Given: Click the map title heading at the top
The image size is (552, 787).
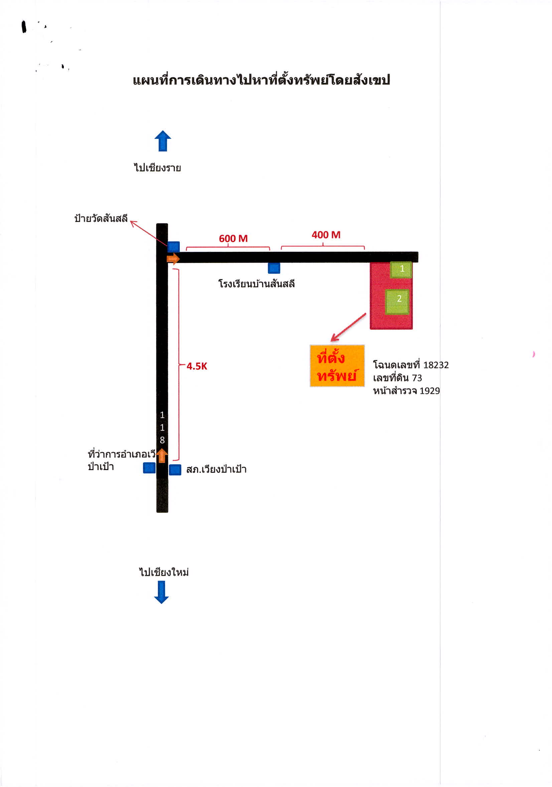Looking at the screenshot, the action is click(261, 80).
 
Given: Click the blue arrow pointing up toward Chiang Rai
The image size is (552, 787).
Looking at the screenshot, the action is click(162, 141).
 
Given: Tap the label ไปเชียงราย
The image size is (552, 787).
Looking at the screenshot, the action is click(157, 167).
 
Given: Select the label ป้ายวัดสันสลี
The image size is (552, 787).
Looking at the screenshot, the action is click(101, 218).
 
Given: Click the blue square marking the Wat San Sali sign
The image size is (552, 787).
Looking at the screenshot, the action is click(173, 247).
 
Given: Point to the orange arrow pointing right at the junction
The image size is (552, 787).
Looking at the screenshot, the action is click(173, 259).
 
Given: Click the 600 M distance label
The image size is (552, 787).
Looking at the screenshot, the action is click(233, 238).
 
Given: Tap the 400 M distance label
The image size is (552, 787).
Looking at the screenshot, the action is click(326, 235).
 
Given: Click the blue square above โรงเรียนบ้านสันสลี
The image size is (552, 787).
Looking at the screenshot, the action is click(274, 268).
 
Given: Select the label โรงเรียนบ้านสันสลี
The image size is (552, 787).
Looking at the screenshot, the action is click(257, 284).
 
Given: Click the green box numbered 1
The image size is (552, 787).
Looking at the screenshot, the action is click(401, 269).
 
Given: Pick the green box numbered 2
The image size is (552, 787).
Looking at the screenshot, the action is click(397, 302).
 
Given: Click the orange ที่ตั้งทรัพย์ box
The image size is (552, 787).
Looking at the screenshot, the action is click(337, 366).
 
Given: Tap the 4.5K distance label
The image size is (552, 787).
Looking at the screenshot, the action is click(197, 366).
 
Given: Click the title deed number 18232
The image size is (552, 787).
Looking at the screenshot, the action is click(436, 365).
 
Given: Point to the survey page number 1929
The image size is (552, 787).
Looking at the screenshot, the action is click(430, 390).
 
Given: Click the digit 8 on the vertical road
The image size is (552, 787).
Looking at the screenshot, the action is click(162, 440).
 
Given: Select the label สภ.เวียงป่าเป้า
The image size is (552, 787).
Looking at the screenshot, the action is click(216, 469).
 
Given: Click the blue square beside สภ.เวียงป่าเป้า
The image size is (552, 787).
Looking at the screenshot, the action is click(175, 470).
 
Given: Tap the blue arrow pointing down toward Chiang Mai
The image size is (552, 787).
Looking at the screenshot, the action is click(161, 592).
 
